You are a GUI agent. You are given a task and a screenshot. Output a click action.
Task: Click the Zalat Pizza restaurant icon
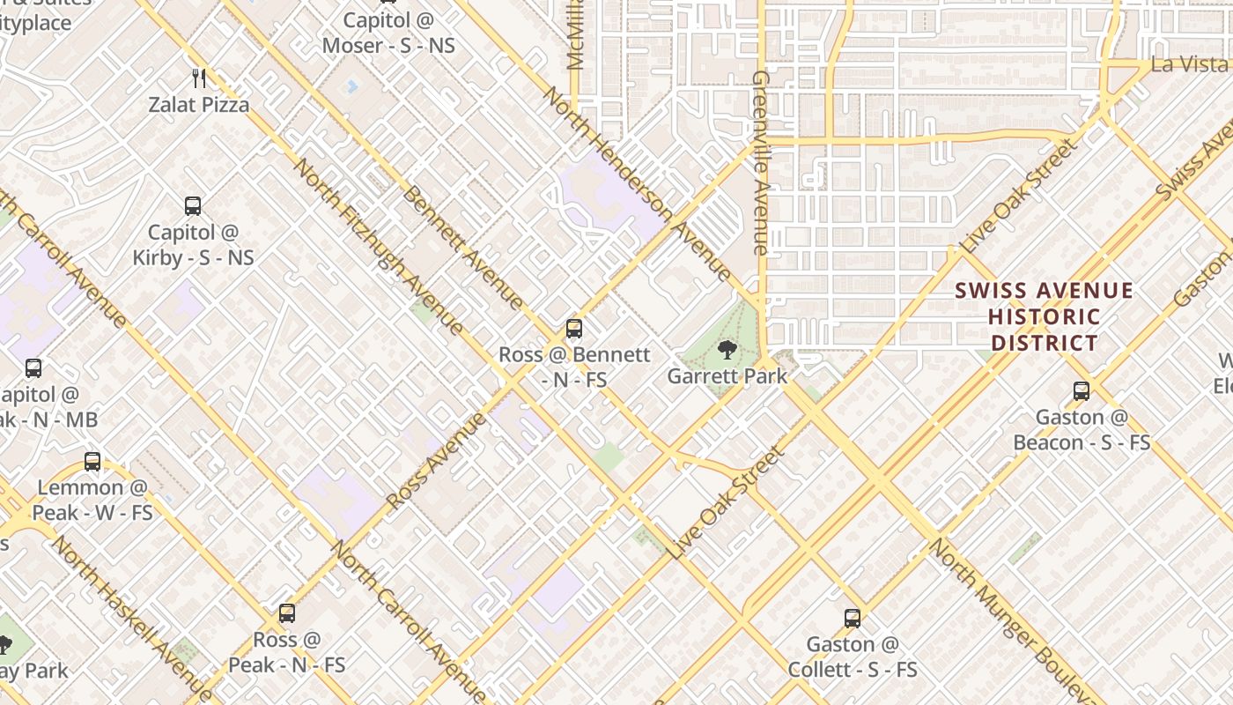(x=199, y=78)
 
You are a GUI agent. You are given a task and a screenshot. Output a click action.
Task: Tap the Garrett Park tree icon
(x=727, y=351)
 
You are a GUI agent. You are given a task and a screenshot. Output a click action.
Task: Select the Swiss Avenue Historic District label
(x=1045, y=316)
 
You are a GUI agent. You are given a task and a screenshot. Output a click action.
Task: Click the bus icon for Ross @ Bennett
(x=574, y=329)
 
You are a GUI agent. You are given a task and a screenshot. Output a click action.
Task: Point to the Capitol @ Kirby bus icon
(x=193, y=206)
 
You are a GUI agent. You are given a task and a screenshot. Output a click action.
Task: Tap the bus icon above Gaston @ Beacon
(x=1082, y=390)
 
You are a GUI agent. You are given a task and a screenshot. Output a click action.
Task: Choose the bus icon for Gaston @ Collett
(x=852, y=618)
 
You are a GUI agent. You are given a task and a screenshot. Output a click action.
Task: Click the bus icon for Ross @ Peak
(x=286, y=612)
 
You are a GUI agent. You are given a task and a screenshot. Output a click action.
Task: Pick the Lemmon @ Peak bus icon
(x=92, y=461)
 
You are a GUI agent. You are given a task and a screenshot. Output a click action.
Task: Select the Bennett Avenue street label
(x=462, y=247)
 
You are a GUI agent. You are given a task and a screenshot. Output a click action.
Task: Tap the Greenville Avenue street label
(x=762, y=163)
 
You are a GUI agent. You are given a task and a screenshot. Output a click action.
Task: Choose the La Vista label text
(x=1189, y=64)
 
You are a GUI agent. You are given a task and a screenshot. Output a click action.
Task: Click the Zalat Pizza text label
(x=198, y=105)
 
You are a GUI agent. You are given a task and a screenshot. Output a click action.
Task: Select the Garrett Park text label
(x=727, y=376)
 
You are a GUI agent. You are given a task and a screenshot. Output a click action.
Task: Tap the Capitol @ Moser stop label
(x=388, y=33)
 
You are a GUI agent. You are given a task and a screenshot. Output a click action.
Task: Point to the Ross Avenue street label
(x=436, y=461)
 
